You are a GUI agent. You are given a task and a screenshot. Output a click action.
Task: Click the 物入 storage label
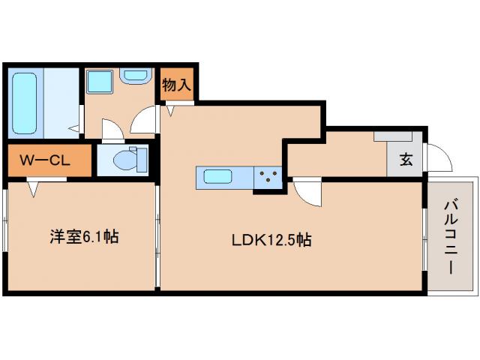pos(177,85)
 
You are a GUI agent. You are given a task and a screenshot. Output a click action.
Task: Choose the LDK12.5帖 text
pos(271,240)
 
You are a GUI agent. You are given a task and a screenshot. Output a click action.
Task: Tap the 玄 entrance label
pos(406,159)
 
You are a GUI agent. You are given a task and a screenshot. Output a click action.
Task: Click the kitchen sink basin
pos(217,178)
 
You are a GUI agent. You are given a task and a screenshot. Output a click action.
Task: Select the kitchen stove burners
pos(268,178)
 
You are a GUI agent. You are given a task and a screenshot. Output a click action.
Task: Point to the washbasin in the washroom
pos(135,76)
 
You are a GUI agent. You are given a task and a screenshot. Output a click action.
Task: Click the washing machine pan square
pos(98,82)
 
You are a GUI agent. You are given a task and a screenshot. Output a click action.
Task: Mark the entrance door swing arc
pos(440,155)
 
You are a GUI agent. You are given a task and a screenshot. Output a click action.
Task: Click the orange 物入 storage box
pos(177,85)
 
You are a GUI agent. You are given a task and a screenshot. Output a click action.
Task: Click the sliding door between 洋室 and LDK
pos(157,236)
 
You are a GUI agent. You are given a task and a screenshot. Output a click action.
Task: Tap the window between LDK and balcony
pos(424,236)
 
